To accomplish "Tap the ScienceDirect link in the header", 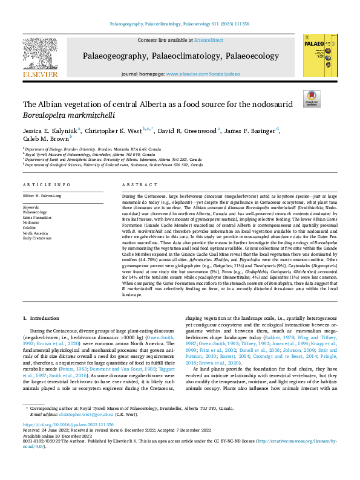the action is (208, 39).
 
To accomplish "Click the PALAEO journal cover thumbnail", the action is (318, 55).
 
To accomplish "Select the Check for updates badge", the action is (311, 99).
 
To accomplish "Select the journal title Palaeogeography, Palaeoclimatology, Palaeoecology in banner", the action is (180, 56).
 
